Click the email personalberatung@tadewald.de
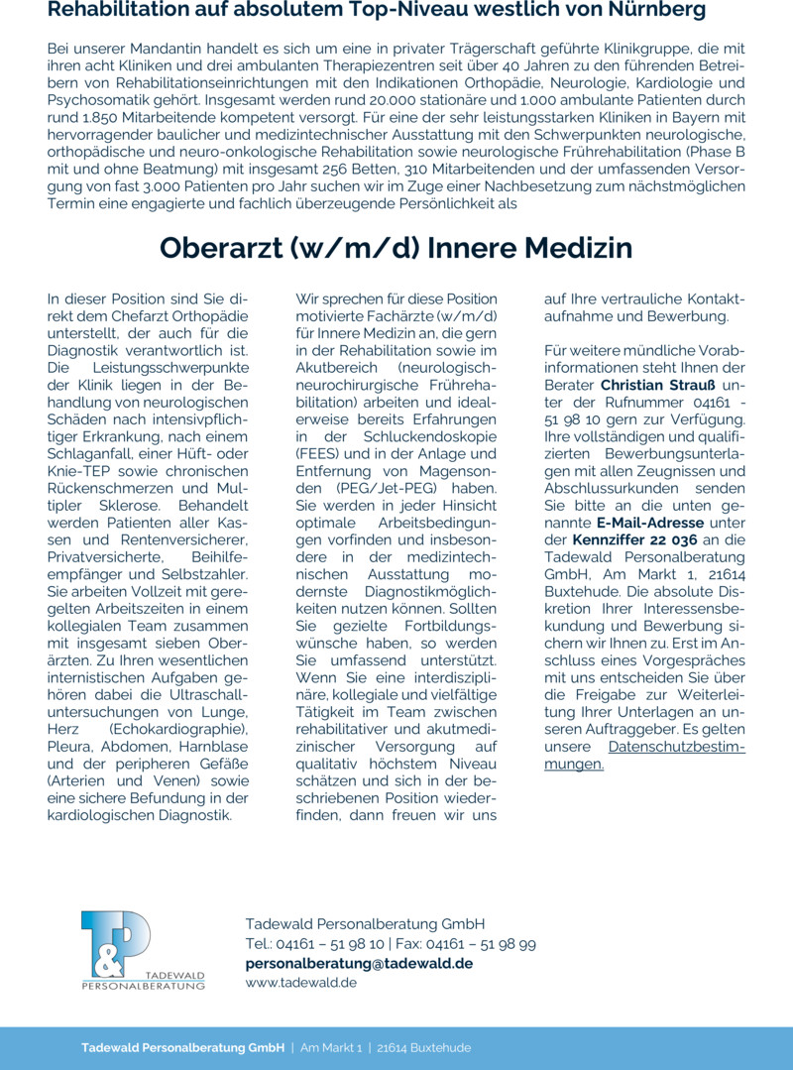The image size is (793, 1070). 359,963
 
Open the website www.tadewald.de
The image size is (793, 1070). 301,983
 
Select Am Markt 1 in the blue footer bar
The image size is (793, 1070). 331,1048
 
